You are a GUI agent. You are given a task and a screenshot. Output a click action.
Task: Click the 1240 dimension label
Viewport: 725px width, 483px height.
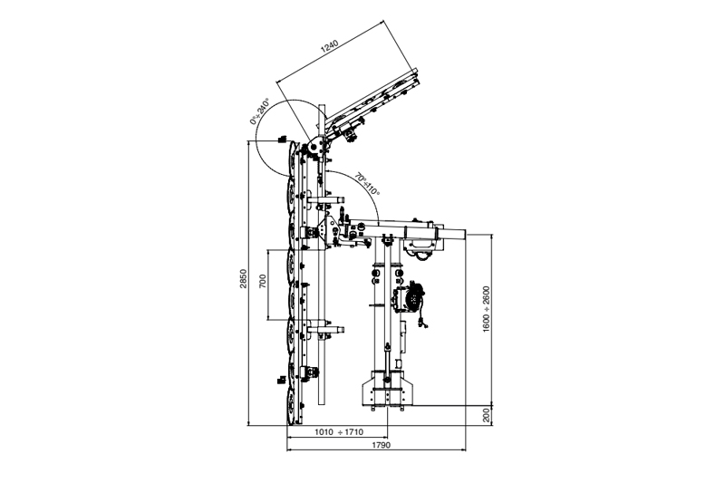331,47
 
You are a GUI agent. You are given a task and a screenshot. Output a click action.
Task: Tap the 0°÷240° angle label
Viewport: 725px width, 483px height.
259,111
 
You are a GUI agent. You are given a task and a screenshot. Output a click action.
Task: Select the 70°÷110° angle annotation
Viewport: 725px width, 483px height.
368,185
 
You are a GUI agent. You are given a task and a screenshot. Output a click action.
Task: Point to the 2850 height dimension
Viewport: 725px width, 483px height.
244,278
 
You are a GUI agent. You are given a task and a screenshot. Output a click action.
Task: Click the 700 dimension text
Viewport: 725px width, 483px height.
263,281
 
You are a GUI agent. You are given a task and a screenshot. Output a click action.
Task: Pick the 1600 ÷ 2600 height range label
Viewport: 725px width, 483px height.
486,308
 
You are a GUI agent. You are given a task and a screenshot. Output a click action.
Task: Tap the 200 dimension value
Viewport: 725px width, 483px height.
486,415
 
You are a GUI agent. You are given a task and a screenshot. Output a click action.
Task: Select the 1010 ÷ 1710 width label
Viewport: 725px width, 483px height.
339,431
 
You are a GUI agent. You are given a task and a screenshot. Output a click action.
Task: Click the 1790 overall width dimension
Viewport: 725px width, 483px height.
382,445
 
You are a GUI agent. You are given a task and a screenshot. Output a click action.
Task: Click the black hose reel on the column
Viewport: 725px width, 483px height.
412,295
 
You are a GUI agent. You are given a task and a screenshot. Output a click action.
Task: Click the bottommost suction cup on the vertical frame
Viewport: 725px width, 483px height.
292,407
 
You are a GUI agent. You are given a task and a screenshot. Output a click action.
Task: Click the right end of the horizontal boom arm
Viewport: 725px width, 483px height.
465,233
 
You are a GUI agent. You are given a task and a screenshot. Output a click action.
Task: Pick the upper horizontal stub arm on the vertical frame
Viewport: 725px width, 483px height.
325,200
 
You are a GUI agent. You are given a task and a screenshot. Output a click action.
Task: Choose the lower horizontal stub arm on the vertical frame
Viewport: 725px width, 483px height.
325,330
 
